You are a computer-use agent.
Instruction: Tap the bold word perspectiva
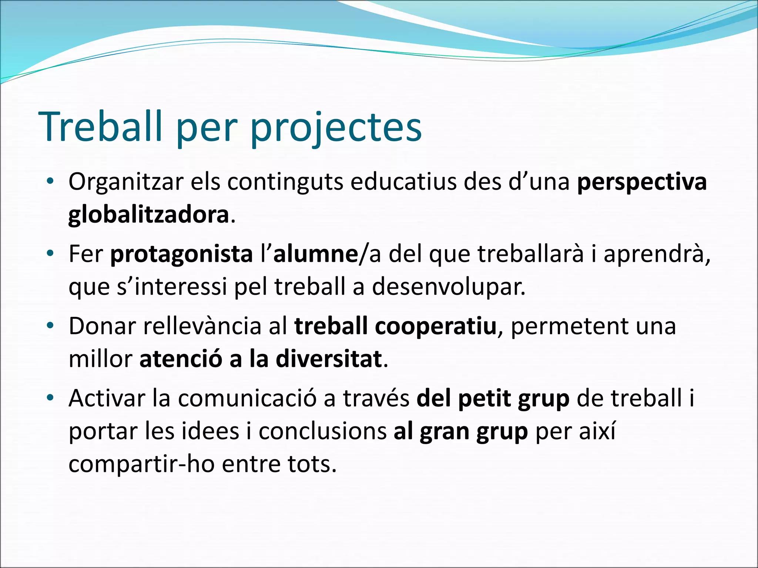(642, 183)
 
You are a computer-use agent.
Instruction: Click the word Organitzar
(126, 183)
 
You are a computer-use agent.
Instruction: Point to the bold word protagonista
(181, 255)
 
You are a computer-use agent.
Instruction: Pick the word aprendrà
(657, 255)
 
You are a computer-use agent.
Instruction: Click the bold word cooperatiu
(435, 327)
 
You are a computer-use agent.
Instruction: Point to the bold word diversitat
(329, 359)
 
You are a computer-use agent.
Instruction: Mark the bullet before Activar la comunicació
(51, 398)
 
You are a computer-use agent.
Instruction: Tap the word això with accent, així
(600, 431)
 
